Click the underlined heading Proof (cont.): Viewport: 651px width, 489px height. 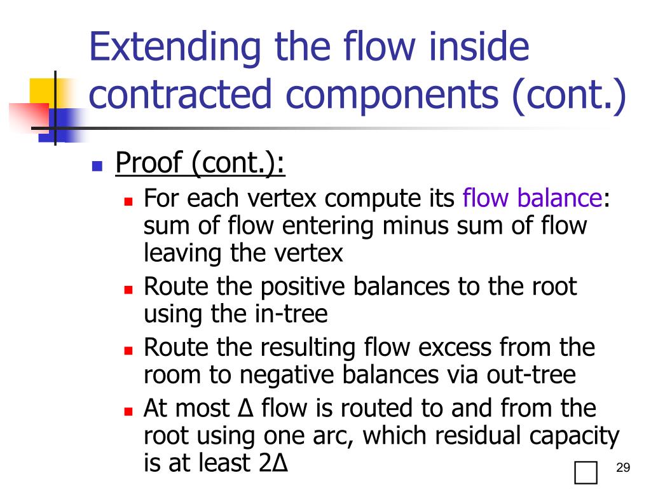tap(200, 165)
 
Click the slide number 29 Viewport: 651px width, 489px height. tap(623, 469)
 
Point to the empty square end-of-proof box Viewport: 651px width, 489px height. tap(585, 472)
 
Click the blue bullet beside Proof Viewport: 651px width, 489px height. tap(97, 167)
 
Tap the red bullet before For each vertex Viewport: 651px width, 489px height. tap(128, 201)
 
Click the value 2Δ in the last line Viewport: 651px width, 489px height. tap(274, 463)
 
